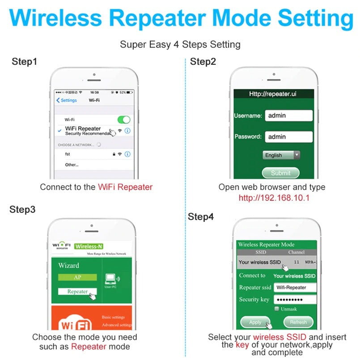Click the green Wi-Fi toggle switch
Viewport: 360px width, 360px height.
coord(123,120)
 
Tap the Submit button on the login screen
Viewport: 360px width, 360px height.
coord(280,173)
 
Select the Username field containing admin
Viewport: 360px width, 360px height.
coord(288,115)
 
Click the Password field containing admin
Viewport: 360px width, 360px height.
coord(288,137)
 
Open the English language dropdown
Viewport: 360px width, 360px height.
coord(281,155)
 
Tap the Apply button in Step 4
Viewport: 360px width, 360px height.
coord(255,322)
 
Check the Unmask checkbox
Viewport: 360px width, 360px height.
coord(277,309)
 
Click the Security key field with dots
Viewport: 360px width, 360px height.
coord(295,300)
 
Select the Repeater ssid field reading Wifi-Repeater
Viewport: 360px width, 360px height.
coord(295,288)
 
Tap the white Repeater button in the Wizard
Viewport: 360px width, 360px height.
coord(77,292)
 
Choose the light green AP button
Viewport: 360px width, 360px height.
coord(77,277)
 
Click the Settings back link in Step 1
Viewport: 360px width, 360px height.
coord(67,100)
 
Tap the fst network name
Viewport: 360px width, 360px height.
coord(68,154)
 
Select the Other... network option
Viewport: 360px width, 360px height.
coord(72,165)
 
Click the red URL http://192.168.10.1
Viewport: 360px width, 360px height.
coord(274,198)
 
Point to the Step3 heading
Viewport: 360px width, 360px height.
coord(22,209)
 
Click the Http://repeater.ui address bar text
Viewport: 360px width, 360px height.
coord(273,94)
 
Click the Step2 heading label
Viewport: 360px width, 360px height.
coord(203,62)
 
